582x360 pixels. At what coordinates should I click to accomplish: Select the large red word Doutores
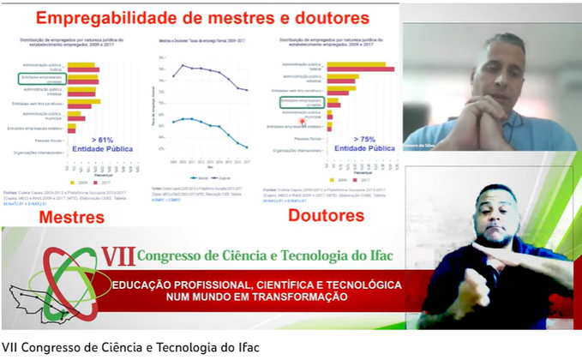[x=325, y=214]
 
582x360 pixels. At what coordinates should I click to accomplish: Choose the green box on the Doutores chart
[x=301, y=103]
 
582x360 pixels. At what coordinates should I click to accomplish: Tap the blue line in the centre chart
[x=206, y=124]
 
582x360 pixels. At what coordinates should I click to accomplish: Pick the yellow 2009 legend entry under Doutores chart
[x=338, y=180]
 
